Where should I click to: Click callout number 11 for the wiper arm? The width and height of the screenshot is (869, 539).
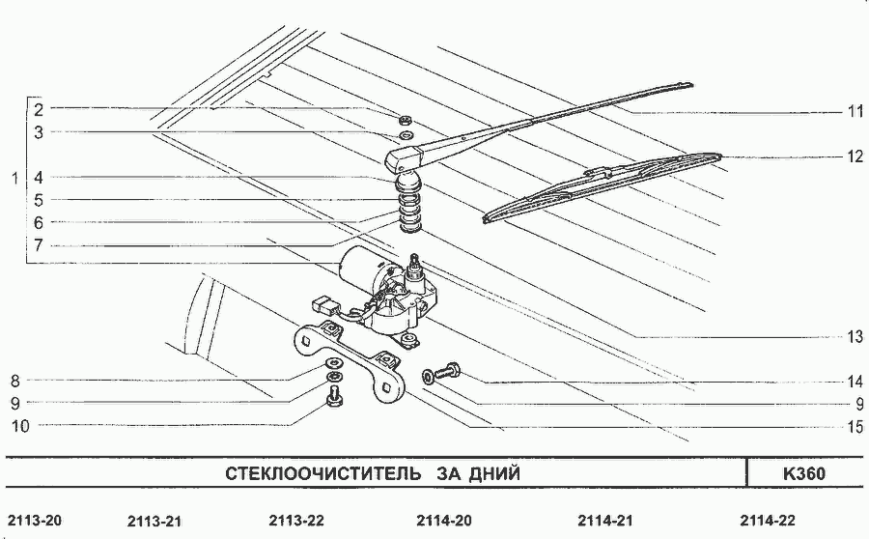pos(855,111)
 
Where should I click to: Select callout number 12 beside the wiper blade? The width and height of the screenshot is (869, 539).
pos(855,156)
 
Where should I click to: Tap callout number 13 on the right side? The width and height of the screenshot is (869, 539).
pos(855,336)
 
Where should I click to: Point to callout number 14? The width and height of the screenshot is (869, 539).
pos(855,382)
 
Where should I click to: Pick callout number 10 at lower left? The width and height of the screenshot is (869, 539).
pos(20,426)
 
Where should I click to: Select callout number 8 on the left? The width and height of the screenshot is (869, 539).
pos(14,381)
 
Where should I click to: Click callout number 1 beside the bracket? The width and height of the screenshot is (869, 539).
pos(14,179)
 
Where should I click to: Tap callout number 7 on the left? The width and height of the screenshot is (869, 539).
pos(39,245)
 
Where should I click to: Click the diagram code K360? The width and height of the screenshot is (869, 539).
pos(803,473)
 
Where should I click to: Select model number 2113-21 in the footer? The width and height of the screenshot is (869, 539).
pos(154,522)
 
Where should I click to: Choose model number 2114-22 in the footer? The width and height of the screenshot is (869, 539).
pos(768,520)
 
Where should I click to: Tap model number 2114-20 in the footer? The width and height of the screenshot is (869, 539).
pos(444,520)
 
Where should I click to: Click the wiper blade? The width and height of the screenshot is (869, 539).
pos(602,187)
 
